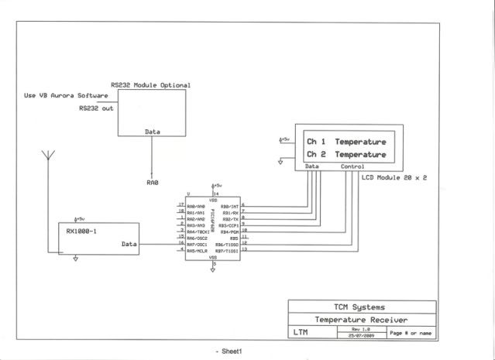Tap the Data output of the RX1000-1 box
pos(129,245)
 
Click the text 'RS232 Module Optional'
pos(150,85)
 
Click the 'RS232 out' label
pos(96,108)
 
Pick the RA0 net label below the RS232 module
pos(152,183)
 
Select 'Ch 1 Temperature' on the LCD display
pos(345,142)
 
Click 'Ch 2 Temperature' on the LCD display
pos(345,155)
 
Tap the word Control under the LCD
pos(352,166)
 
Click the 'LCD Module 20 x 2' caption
pos(395,177)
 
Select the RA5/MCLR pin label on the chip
pos(196,251)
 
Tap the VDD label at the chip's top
pos(213,200)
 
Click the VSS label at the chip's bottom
pos(213,257)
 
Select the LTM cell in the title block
pos(304,333)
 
